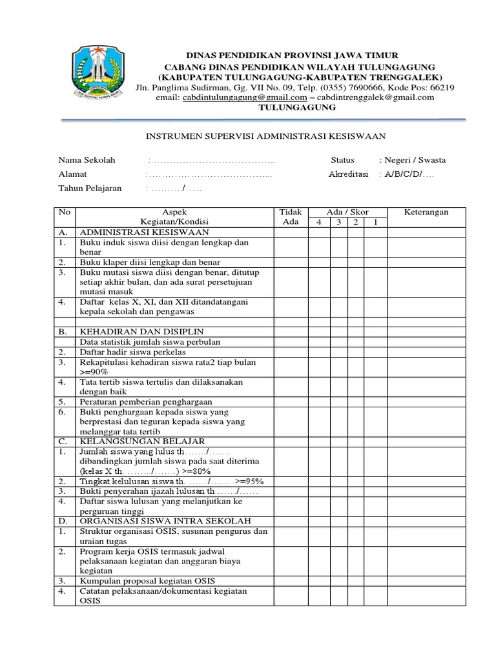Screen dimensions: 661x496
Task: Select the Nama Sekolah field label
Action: (87, 160)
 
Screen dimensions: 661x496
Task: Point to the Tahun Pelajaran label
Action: (90, 188)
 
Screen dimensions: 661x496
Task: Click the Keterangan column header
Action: (426, 212)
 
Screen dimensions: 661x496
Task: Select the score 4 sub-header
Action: (318, 223)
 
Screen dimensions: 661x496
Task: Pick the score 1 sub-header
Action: (376, 223)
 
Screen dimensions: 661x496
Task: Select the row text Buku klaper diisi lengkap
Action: (149, 262)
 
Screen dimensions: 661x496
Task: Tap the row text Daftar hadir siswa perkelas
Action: (132, 352)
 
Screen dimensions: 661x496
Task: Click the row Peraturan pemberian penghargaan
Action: (145, 401)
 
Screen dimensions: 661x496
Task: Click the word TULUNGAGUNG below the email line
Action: (297, 107)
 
